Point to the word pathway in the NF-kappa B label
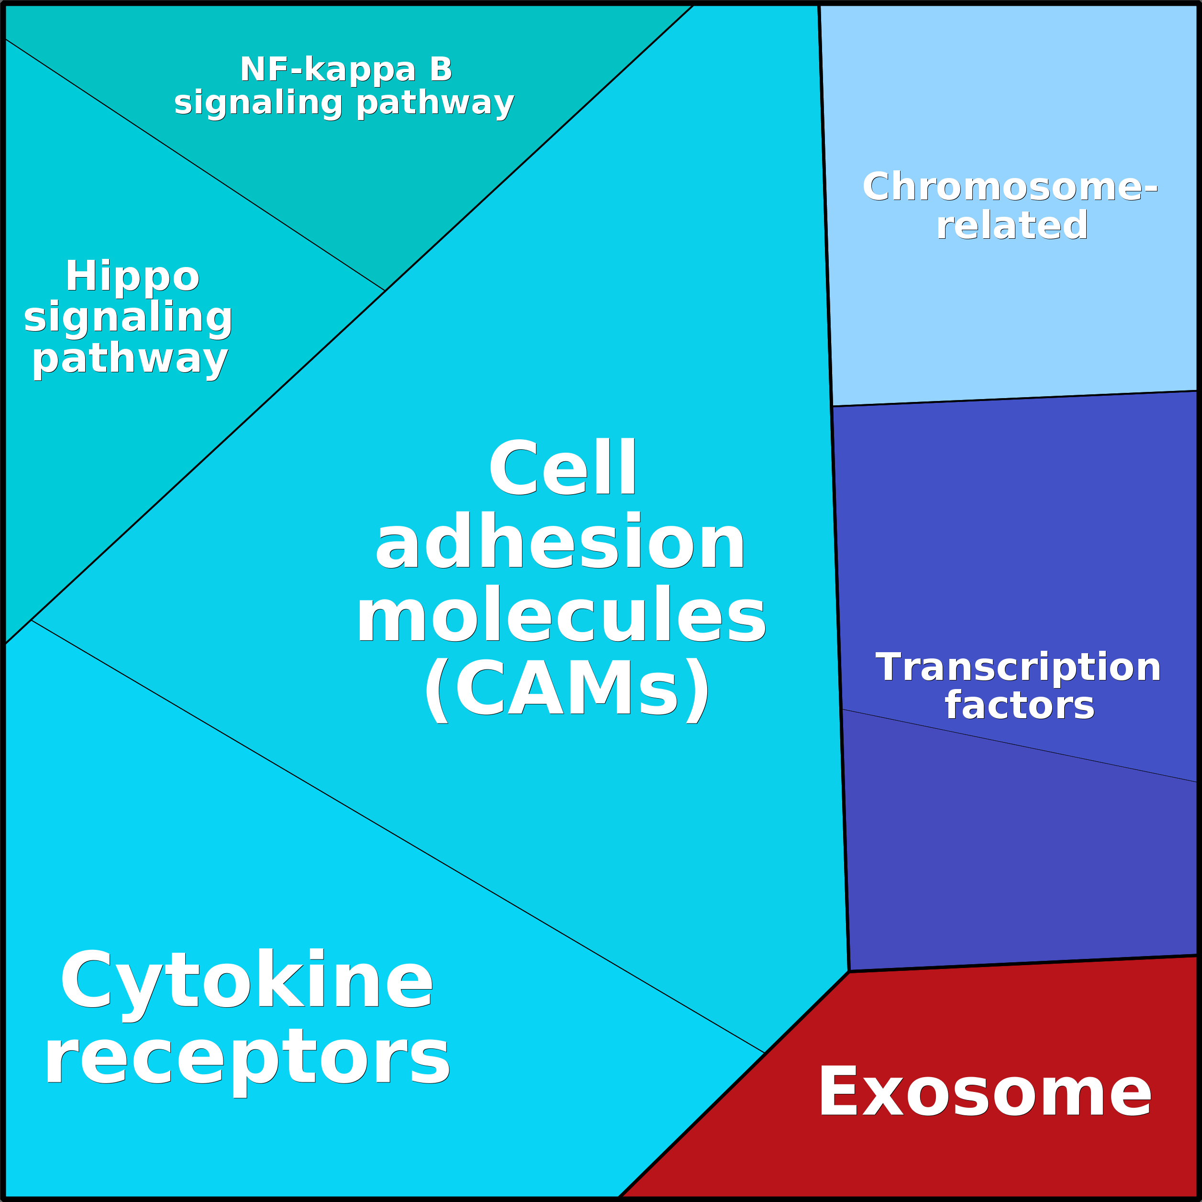coord(435,103)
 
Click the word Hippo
coord(133,276)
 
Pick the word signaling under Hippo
coord(128,317)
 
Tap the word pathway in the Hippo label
coord(130,359)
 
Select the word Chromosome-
coord(1009,187)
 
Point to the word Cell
coord(562,468)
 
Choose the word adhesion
coord(560,541)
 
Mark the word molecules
coord(560,615)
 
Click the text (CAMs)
coord(566,688)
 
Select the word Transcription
coord(1018,667)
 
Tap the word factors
coord(1019,705)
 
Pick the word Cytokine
coord(246,980)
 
